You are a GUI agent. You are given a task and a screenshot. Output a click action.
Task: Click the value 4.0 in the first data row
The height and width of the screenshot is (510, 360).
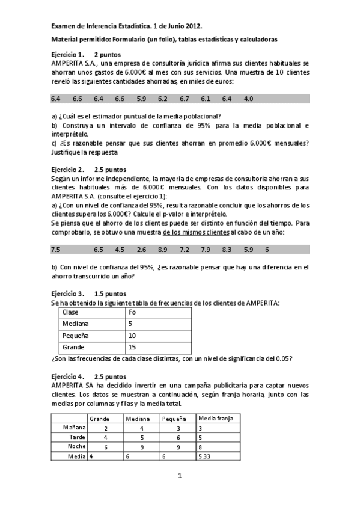(x=248, y=98)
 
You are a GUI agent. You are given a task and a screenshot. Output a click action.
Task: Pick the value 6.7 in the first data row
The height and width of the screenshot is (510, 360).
(x=184, y=98)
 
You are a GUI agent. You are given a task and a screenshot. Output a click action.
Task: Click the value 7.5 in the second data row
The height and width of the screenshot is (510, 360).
(x=56, y=249)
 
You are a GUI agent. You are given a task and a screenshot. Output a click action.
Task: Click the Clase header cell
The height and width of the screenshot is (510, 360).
(x=71, y=312)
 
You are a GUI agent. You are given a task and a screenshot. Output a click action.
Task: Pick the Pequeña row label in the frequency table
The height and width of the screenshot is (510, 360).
(x=75, y=336)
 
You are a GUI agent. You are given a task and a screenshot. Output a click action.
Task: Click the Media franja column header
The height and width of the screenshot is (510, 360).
(x=219, y=417)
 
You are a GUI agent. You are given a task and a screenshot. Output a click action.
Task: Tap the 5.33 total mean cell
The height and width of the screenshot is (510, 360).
(x=205, y=457)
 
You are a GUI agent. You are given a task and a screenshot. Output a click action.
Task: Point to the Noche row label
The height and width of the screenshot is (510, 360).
(x=76, y=447)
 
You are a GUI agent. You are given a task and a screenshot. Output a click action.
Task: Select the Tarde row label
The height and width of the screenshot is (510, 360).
(x=76, y=437)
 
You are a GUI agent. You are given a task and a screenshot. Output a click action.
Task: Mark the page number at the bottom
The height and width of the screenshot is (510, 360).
(x=179, y=476)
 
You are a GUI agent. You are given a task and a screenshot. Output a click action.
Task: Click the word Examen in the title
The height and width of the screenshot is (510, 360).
(x=65, y=26)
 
